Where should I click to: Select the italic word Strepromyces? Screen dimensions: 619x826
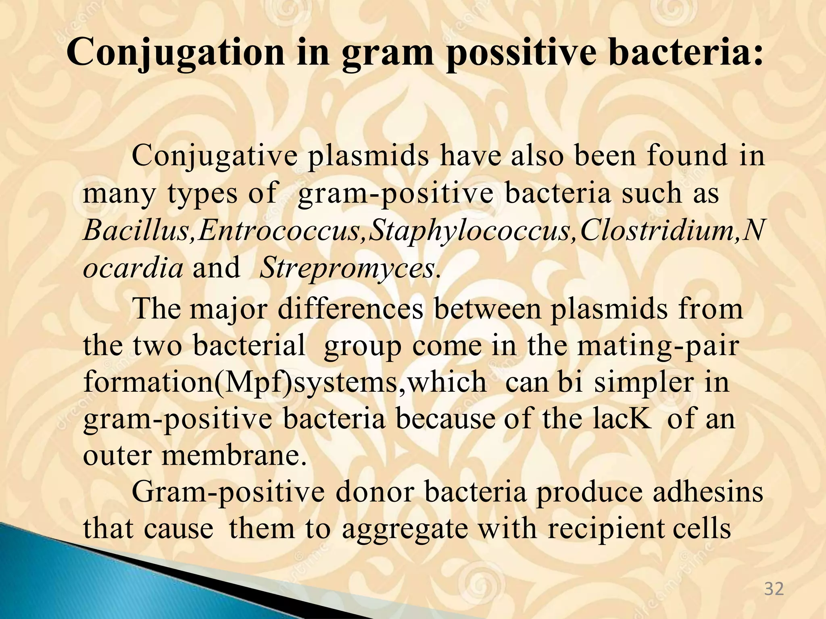[x=349, y=268]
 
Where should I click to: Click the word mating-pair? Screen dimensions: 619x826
[x=658, y=346]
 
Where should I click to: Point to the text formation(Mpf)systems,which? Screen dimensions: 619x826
[x=284, y=382]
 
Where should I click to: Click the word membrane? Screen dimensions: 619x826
[x=234, y=455]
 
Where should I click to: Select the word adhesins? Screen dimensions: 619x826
[x=708, y=492]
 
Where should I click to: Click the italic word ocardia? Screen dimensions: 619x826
[x=133, y=268]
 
